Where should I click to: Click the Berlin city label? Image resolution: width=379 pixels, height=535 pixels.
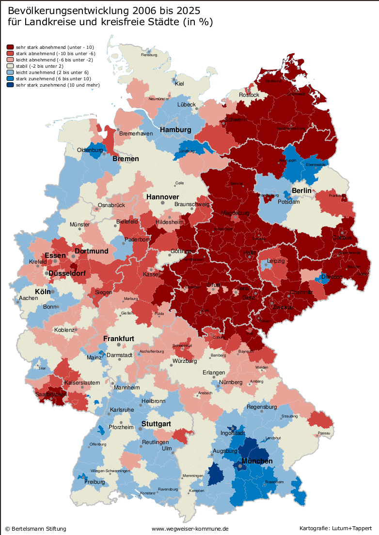pos(301,191)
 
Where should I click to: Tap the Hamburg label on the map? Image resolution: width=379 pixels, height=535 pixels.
pos(175,130)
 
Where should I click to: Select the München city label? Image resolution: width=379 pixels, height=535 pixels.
pos(257,461)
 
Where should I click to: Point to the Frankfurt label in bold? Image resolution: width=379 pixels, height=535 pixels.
pos(118,339)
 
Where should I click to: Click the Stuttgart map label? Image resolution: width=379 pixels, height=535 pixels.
pos(156,424)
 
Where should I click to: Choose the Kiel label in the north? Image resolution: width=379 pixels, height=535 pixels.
pos(179,84)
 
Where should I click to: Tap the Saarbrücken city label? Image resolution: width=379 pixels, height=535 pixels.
pos(51,395)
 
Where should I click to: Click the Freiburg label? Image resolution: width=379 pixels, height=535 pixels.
pos(95,482)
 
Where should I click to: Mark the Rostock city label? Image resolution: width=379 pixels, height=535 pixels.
pos(249,95)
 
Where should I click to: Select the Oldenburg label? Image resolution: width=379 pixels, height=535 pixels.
pos(90,150)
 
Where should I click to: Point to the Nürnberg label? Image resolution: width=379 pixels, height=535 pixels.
pos(231,382)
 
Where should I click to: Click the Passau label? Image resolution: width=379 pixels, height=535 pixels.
pos(324,433)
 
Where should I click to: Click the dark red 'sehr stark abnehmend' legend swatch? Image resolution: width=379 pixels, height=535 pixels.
pos(10,47)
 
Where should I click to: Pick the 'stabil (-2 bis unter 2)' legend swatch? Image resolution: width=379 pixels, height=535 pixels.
pos(10,66)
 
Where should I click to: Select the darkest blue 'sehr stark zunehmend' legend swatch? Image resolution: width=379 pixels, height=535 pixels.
pos(10,85)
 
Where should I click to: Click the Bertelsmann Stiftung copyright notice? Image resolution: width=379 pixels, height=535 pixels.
pos(35,529)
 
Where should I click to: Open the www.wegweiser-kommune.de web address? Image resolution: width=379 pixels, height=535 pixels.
pos(190,529)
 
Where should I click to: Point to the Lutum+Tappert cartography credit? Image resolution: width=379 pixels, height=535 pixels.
pos(335,529)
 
